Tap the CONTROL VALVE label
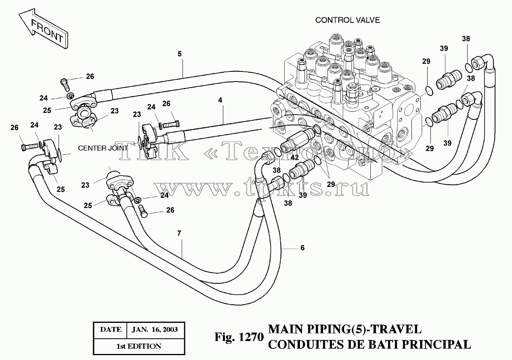click(347, 20)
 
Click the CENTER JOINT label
click(103, 148)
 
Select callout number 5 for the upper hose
click(179, 54)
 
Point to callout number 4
click(220, 100)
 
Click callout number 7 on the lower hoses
click(179, 233)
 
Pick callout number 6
click(302, 248)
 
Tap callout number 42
click(294, 157)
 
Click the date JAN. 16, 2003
click(155, 329)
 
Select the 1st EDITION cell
click(139, 346)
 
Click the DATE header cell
click(111, 329)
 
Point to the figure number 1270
click(251, 337)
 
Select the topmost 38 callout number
click(466, 39)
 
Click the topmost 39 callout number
click(444, 48)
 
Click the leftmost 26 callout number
click(14, 128)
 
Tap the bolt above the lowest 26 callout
click(143, 211)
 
